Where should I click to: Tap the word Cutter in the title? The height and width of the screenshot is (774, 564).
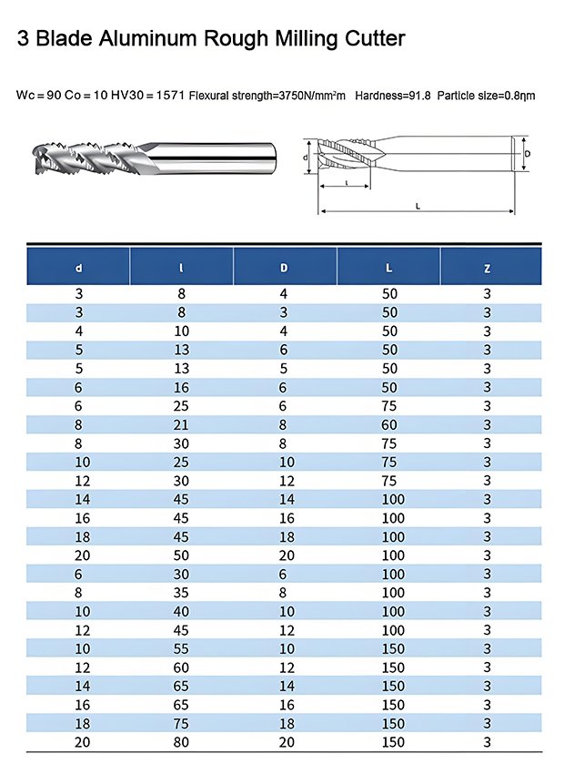(375, 38)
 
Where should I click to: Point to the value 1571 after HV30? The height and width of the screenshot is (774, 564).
(170, 96)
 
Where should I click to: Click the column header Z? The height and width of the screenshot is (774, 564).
(487, 269)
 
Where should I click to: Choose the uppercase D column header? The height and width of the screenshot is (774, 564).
(284, 268)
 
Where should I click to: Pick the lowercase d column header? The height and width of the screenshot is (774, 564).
(79, 269)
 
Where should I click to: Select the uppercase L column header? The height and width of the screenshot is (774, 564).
(389, 268)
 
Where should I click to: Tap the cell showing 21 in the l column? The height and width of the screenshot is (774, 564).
(181, 424)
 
